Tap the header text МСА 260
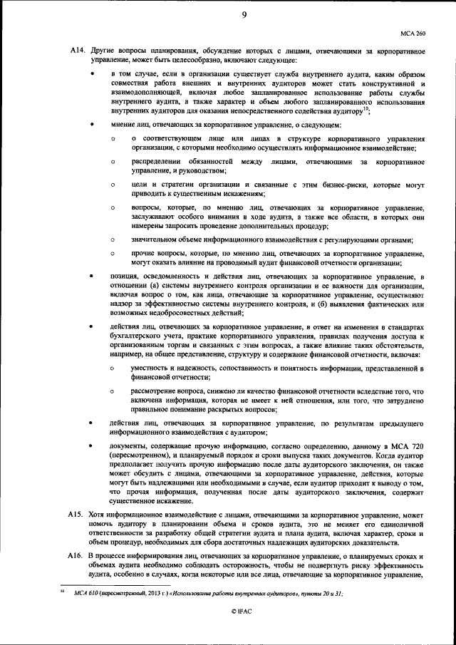pyautogui.click(x=412, y=33)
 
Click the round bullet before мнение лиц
pyautogui.click(x=93, y=125)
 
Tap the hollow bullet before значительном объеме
pyautogui.click(x=113, y=240)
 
